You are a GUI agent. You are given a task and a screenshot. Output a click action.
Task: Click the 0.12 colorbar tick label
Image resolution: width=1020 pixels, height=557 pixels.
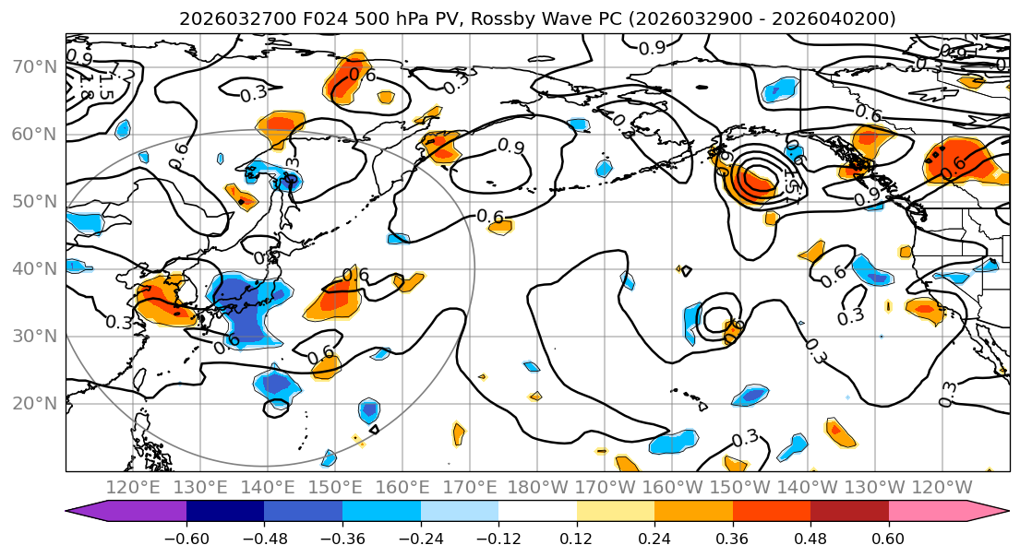[577, 538]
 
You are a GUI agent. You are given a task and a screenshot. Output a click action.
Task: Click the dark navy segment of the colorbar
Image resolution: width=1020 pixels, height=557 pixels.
[225, 512]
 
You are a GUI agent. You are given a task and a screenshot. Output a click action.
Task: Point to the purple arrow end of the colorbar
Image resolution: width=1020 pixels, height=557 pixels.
[87, 512]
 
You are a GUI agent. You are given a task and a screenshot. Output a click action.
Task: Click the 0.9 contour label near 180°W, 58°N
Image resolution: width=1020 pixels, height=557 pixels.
[511, 146]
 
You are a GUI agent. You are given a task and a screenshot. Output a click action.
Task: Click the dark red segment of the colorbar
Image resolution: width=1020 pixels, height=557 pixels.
[849, 512]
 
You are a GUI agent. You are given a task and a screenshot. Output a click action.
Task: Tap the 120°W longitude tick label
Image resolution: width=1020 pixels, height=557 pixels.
[942, 487]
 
